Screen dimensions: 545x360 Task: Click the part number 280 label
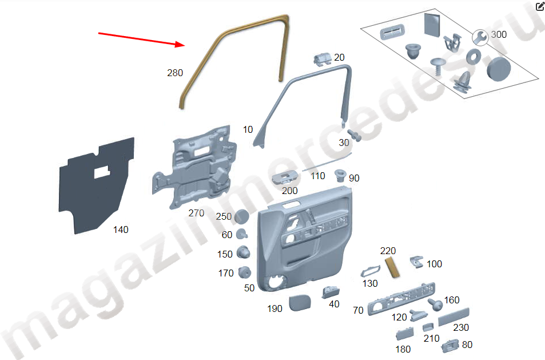175,73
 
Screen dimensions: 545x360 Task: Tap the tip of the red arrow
185,45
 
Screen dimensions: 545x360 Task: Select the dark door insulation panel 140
96,185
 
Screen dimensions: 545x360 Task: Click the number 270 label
196,213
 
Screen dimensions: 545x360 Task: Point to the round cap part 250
241,216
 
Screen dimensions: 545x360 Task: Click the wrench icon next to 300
480,38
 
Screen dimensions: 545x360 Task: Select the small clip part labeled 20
322,59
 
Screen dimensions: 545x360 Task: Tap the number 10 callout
248,129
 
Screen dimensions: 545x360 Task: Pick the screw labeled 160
435,304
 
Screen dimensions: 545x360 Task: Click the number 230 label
461,327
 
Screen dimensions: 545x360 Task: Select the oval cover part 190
300,303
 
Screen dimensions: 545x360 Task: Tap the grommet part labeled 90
340,175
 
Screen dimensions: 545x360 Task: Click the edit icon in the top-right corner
540,6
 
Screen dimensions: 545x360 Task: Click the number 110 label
318,176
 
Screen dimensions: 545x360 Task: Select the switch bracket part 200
285,177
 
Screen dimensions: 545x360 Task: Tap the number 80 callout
467,345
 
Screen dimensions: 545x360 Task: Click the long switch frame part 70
401,299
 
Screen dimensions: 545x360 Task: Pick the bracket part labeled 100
417,262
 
